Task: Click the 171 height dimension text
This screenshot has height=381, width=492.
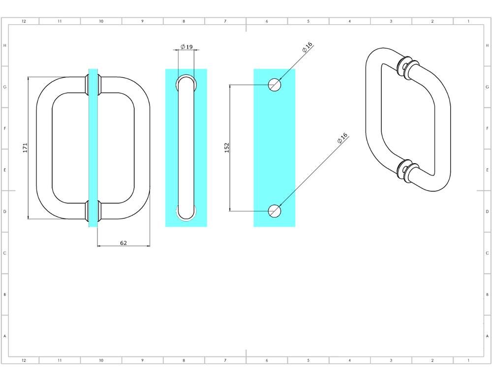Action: [x=25, y=148]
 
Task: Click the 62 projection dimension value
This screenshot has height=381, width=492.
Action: [x=123, y=242]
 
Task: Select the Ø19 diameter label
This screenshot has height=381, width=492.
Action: [x=186, y=47]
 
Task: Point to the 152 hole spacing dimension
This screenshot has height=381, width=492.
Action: [x=227, y=148]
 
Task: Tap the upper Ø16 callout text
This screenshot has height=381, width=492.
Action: [x=307, y=47]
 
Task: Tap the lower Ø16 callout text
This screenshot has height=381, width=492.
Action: [x=342, y=139]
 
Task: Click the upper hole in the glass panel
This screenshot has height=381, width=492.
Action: [x=275, y=85]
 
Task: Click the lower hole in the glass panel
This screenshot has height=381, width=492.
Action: [x=275, y=211]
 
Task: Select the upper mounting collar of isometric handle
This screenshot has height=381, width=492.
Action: [x=405, y=68]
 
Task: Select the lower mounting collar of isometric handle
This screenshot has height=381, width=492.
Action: [x=405, y=171]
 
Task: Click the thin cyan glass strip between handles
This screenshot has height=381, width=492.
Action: [x=93, y=148]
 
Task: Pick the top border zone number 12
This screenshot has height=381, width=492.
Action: [x=24, y=21]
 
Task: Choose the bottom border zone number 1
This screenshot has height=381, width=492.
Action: [x=468, y=360]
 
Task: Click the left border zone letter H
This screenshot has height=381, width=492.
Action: [x=5, y=45]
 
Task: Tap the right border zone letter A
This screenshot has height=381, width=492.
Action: [x=487, y=336]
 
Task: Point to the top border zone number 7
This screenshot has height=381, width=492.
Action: [x=225, y=21]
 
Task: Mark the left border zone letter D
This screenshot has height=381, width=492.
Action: [x=5, y=211]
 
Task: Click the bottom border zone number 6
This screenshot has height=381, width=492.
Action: [x=267, y=360]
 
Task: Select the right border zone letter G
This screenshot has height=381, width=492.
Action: [x=487, y=87]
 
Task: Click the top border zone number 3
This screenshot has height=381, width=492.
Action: [x=391, y=21]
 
